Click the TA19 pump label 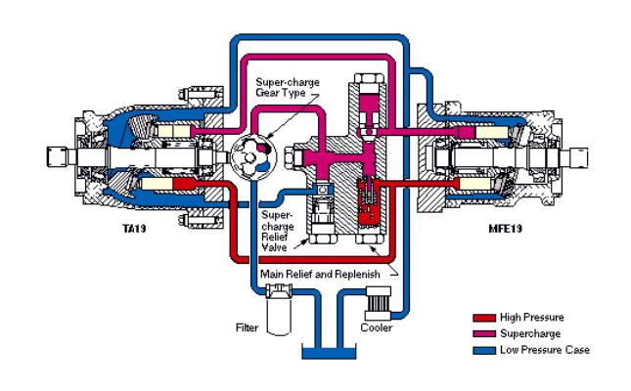pos(134,229)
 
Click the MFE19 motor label pos(505,229)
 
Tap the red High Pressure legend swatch pos(484,318)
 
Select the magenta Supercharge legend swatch pos(484,334)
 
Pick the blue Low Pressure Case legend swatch pos(484,350)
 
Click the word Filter pos(247,327)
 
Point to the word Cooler pos(377,327)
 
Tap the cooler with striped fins pos(378,303)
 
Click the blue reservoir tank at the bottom pos(329,354)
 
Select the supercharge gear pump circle pos(254,157)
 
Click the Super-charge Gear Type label pos(288,87)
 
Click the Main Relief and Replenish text pos(320,275)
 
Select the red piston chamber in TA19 pos(185,184)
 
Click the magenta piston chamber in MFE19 pos(465,132)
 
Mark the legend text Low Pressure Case pos(545,350)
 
